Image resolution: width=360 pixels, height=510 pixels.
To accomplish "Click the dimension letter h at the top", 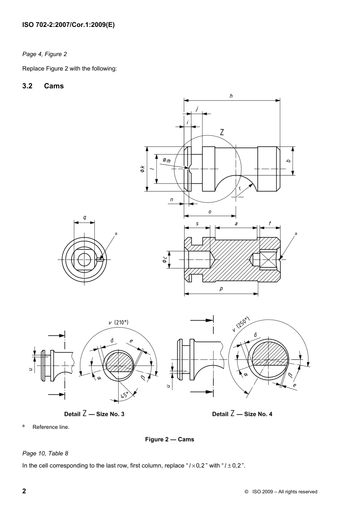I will (231, 96).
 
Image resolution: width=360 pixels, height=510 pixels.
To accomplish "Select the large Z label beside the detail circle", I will (222, 132).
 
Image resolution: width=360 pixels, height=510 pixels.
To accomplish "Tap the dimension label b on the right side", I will (288, 161).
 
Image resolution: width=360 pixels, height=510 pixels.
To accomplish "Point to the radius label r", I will (240, 188).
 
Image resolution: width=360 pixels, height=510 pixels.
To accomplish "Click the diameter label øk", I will (142, 169).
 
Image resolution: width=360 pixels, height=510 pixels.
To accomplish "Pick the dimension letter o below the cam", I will (210, 212).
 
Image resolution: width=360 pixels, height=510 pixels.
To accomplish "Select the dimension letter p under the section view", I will (221, 289).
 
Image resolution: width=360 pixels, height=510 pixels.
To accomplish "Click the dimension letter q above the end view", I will (85, 218).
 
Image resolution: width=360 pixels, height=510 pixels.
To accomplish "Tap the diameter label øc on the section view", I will (164, 260).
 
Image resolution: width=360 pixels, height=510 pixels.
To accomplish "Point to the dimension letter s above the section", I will (197, 223).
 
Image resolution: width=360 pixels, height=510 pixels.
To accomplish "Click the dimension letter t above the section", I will (269, 223).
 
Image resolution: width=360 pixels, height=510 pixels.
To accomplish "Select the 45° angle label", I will (125, 395).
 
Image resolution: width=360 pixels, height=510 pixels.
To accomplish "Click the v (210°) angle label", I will (119, 322).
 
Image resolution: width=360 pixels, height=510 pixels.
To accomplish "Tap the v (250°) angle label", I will (241, 324).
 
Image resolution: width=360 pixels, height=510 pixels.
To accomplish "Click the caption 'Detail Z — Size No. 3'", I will (94, 414).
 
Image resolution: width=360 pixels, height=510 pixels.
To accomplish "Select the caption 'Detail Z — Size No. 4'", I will (242, 414).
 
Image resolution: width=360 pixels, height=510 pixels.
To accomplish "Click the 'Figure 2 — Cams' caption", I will (169, 439).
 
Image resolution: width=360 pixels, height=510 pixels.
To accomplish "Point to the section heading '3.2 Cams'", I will (43, 86).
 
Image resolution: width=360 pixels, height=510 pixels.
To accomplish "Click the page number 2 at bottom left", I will (24, 491).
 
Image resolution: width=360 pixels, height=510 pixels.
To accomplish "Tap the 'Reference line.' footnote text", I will (51, 427).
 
